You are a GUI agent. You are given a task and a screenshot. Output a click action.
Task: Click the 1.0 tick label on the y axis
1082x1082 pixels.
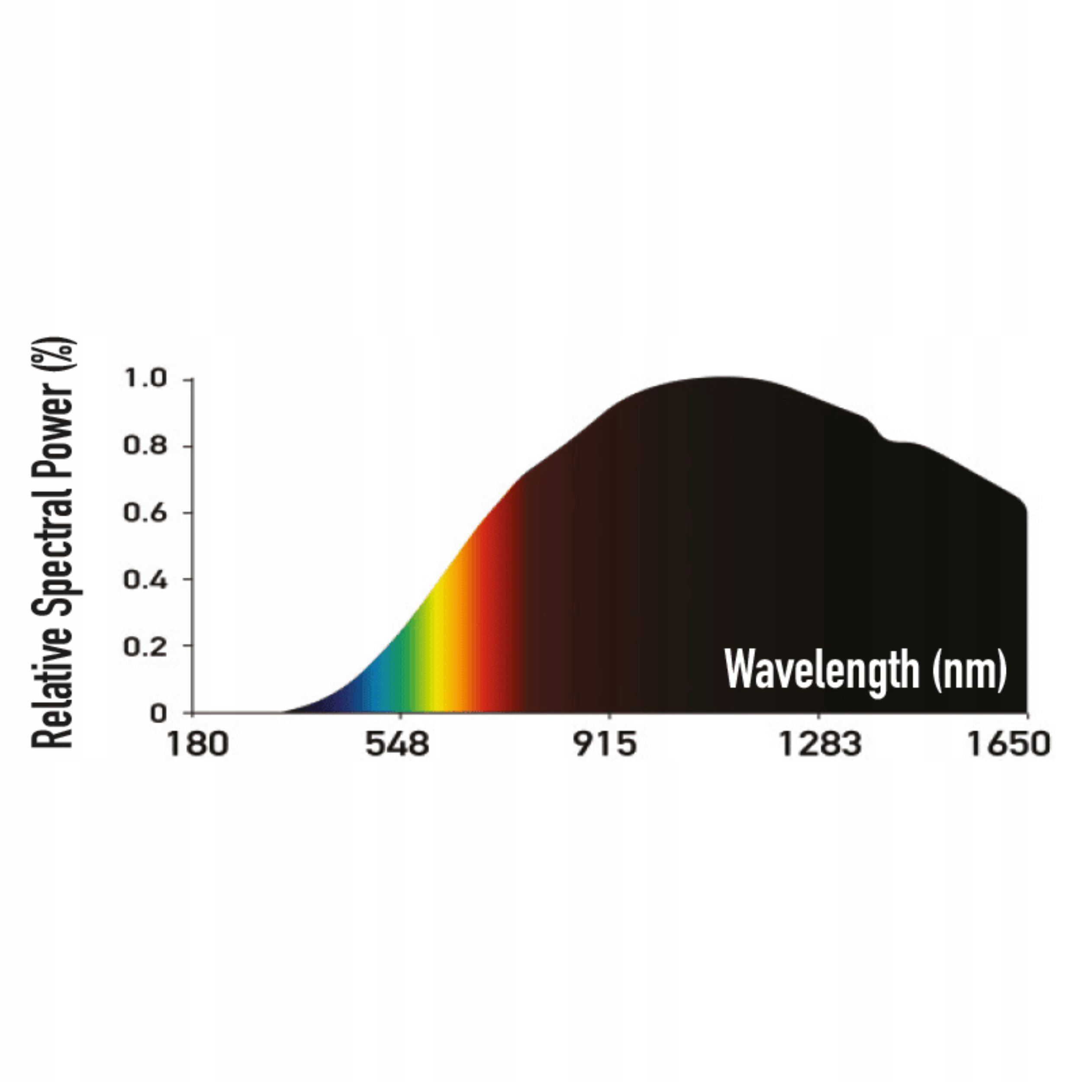(145, 379)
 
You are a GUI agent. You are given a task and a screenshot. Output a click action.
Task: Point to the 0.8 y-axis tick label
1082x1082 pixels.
(145, 446)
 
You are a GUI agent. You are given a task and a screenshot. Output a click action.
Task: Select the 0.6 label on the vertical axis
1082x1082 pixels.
(145, 513)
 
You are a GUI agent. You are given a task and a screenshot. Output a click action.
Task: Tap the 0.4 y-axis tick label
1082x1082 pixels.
(145, 580)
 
